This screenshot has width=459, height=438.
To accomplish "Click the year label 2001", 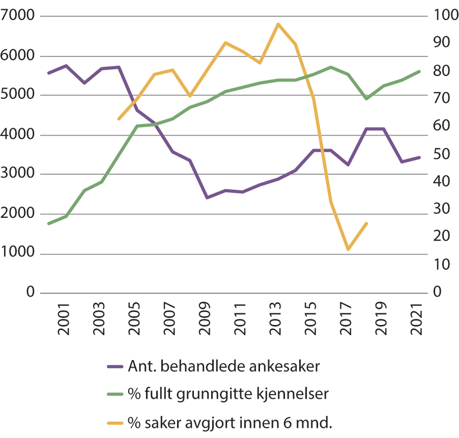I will (64, 319).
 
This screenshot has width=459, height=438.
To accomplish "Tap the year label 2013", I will (275, 319).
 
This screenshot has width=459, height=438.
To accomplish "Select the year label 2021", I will (417, 319).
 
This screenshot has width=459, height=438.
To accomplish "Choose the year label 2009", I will (205, 319).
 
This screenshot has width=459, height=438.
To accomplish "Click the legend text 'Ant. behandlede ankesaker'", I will (224, 367).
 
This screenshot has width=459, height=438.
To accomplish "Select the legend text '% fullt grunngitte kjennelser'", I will (228, 394).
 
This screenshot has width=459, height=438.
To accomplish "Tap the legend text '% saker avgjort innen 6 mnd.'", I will (229, 423).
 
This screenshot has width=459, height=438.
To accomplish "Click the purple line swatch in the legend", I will (115, 367).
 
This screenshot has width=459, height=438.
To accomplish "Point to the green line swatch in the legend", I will (115, 394).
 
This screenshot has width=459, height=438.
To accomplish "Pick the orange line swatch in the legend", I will (115, 423).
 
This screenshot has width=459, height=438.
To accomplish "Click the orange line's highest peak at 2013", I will (278, 24).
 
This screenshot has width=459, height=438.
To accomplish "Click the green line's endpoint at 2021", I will (420, 71).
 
